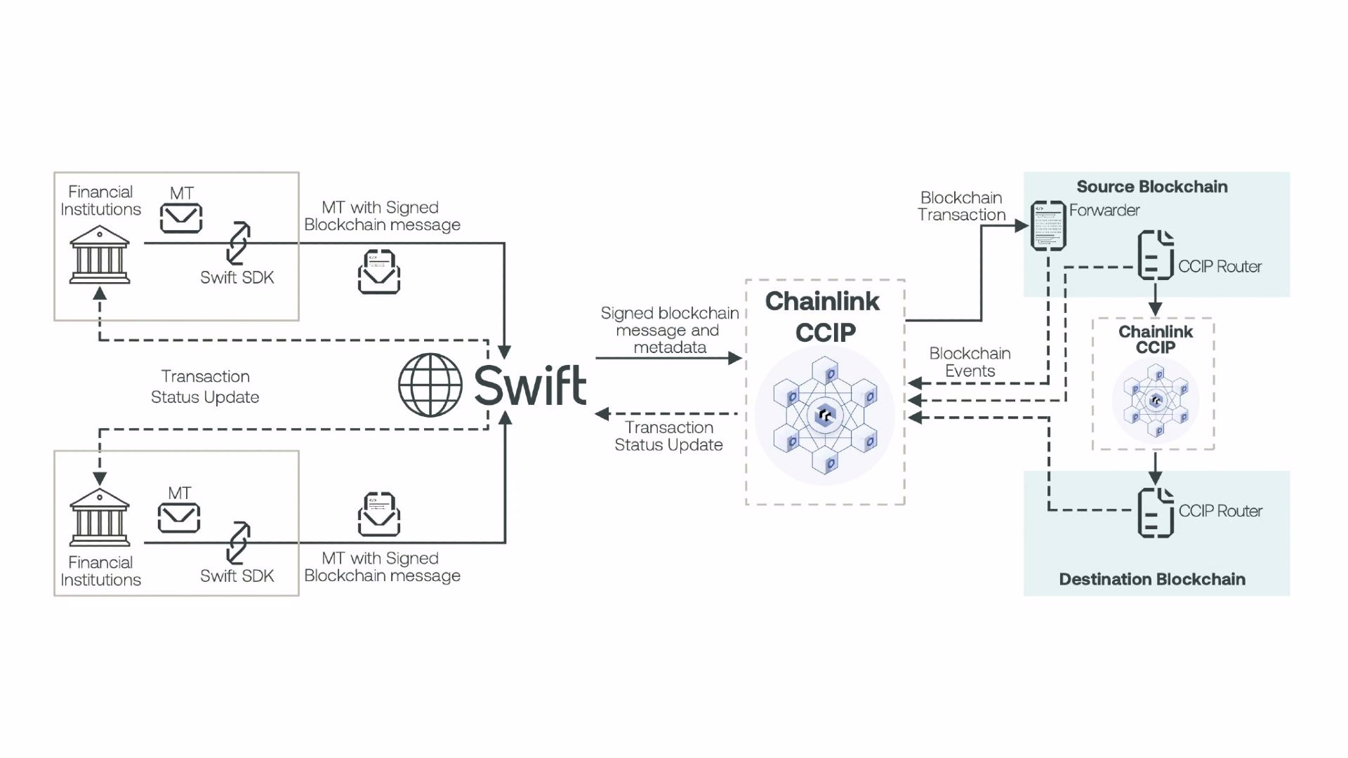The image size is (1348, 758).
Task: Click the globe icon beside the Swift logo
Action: point(430,385)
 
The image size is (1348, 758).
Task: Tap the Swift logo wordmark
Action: point(530,385)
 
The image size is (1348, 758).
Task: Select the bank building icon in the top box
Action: point(100,254)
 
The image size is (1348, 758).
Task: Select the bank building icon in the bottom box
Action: point(100,517)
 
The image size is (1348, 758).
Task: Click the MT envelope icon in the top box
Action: point(181,218)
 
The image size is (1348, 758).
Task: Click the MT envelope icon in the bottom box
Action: point(179,518)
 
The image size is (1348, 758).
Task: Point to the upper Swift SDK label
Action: point(237,277)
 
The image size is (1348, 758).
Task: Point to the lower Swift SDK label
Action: point(237,576)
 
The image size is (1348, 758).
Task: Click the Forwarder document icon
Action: point(1048,225)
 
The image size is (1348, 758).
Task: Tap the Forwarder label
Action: point(1104,210)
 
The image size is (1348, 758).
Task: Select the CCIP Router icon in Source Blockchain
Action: point(1156,255)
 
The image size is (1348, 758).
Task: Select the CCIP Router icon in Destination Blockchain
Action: point(1156,513)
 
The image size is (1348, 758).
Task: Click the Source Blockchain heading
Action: point(1152,187)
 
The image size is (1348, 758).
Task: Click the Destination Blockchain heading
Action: point(1152,579)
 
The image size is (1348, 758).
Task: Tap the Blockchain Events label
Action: point(970,362)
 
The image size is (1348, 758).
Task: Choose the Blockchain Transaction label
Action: point(961,206)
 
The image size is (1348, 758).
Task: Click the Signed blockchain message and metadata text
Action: point(669,330)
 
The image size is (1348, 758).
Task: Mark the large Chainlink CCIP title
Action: point(824,317)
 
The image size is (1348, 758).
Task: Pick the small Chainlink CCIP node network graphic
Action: point(1156,401)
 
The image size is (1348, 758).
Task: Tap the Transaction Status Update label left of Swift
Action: point(205,387)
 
